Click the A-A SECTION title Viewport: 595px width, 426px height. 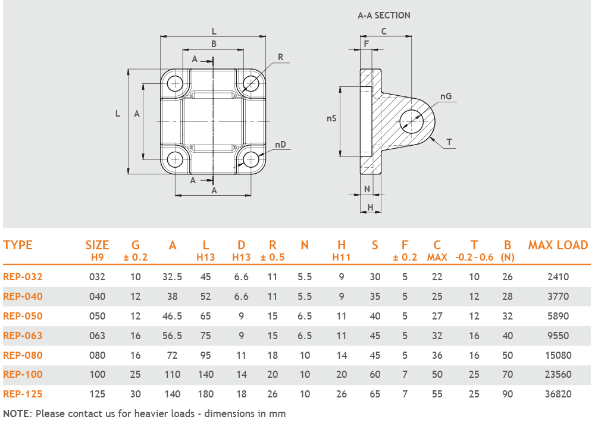(384, 15)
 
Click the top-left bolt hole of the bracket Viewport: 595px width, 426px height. (176, 83)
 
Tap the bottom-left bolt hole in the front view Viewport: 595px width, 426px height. (176, 159)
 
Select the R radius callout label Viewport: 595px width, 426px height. (280, 58)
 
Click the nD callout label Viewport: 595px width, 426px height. (280, 145)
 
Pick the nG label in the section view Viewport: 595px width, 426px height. (446, 96)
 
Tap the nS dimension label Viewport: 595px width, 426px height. (332, 118)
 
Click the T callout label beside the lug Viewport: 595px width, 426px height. (449, 142)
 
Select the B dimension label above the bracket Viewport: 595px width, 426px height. (214, 44)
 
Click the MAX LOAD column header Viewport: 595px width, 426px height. (558, 245)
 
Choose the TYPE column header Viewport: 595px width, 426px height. (18, 245)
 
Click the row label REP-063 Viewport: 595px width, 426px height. (23, 336)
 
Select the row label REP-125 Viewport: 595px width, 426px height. (23, 394)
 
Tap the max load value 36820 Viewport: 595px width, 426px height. (558, 394)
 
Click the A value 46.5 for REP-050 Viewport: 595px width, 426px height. (172, 316)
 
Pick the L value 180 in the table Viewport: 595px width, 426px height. (206, 394)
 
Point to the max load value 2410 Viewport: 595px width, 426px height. (558, 277)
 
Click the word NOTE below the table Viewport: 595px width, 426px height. (17, 414)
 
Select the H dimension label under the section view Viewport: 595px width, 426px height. (370, 207)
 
